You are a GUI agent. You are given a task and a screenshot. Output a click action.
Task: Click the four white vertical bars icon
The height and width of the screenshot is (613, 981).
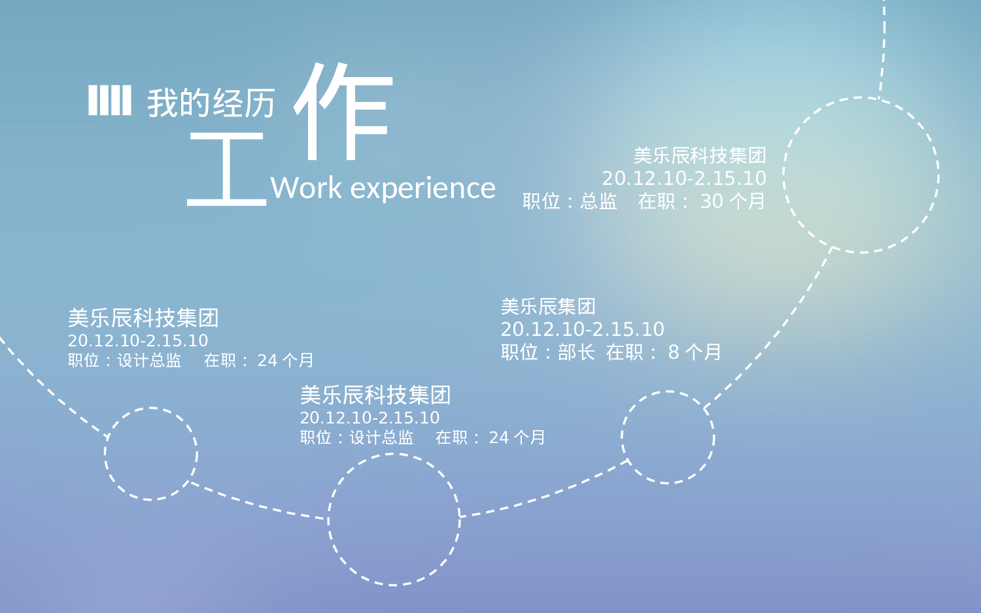click(110, 100)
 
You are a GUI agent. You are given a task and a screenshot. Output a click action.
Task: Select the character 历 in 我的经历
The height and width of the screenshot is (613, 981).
click(260, 103)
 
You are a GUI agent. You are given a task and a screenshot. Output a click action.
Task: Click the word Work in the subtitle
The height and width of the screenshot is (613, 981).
click(306, 188)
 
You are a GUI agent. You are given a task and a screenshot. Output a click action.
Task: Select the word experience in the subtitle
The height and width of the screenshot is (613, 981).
click(423, 189)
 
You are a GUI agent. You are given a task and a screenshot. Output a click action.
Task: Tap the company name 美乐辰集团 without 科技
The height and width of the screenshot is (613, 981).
click(548, 306)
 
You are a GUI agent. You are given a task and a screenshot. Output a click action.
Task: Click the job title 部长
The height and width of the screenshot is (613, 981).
click(576, 352)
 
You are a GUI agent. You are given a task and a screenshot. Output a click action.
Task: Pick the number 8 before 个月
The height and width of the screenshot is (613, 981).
click(674, 353)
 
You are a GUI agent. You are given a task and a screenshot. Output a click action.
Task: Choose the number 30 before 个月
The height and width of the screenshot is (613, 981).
click(712, 201)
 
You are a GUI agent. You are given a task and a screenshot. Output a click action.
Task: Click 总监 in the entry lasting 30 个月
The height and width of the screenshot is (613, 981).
click(598, 201)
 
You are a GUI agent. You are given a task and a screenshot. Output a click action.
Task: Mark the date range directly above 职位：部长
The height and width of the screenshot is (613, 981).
click(582, 329)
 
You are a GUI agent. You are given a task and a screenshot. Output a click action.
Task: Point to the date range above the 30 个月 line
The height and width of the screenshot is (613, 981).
click(684, 178)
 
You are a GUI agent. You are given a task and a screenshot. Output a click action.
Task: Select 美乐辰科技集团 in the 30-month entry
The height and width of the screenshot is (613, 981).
click(700, 156)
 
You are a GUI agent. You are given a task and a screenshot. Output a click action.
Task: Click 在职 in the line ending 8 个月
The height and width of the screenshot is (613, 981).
click(625, 352)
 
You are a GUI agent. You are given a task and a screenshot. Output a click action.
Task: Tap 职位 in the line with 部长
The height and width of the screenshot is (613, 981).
click(519, 352)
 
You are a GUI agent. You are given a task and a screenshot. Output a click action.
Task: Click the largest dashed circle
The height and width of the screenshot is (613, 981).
click(861, 175)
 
